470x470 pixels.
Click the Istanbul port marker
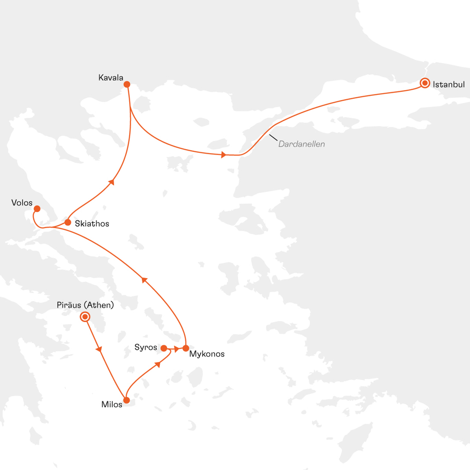[x=425, y=83]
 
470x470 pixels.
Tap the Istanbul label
[x=448, y=84]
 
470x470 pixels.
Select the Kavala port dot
[x=127, y=84]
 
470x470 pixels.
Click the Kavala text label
[x=111, y=78]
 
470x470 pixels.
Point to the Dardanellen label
[x=301, y=144]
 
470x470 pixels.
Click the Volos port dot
[x=37, y=208]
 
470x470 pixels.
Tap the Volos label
[x=22, y=202]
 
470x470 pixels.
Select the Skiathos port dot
[x=67, y=222]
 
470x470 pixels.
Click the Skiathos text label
[x=92, y=224]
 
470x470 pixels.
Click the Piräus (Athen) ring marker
[x=85, y=316]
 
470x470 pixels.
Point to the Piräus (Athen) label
[x=85, y=305]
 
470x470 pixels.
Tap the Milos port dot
[x=127, y=400]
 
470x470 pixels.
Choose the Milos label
[x=112, y=405]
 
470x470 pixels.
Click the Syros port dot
[x=164, y=348]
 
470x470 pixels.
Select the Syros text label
[x=146, y=347]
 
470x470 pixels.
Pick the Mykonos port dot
[x=186, y=348]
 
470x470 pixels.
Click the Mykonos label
[x=207, y=354]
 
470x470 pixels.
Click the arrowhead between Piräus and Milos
[x=99, y=349]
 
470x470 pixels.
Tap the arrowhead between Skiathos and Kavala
[x=112, y=182]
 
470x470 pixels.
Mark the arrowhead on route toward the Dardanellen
[x=223, y=155]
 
